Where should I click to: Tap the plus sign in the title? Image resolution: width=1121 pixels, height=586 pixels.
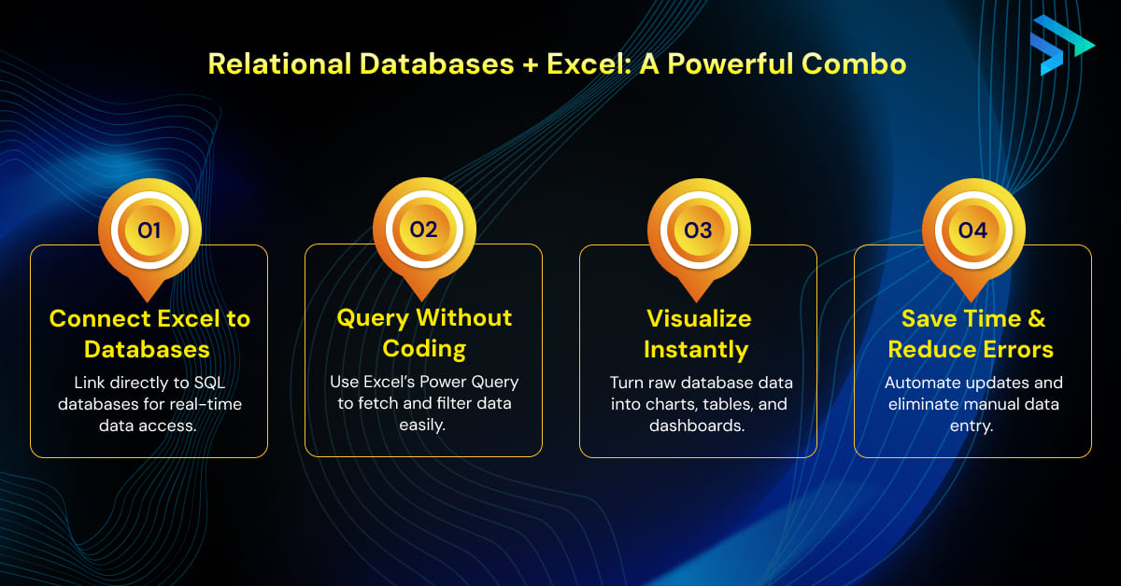(528, 64)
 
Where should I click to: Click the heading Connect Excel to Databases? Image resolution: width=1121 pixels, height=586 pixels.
(149, 333)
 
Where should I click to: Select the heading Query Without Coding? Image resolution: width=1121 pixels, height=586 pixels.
(424, 333)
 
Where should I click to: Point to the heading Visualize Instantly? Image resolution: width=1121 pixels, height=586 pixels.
(699, 333)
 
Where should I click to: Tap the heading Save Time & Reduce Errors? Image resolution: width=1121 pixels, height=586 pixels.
(973, 333)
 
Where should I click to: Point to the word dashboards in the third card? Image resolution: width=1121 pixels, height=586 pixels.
(699, 426)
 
